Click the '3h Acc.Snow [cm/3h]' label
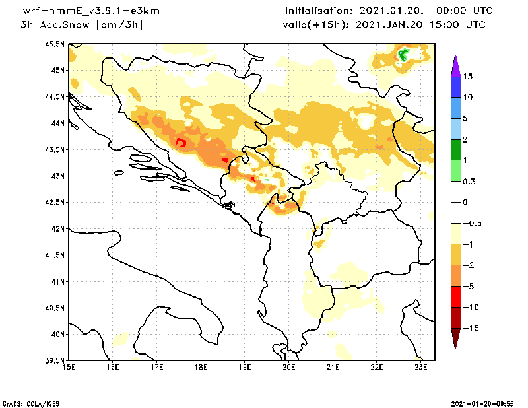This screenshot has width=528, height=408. (82, 25)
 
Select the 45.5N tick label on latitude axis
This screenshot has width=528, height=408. (55, 44)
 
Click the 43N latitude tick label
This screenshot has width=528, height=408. (57, 176)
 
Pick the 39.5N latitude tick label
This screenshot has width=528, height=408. (55, 361)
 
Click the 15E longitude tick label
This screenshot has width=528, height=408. (69, 368)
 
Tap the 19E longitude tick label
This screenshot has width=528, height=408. (245, 368)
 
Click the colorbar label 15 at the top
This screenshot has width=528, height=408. (467, 76)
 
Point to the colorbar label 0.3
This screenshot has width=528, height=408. (469, 182)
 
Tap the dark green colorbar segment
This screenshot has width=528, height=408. (455, 150)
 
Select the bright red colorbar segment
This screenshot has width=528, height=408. (455, 297)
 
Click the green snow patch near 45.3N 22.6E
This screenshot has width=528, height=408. (403, 55)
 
